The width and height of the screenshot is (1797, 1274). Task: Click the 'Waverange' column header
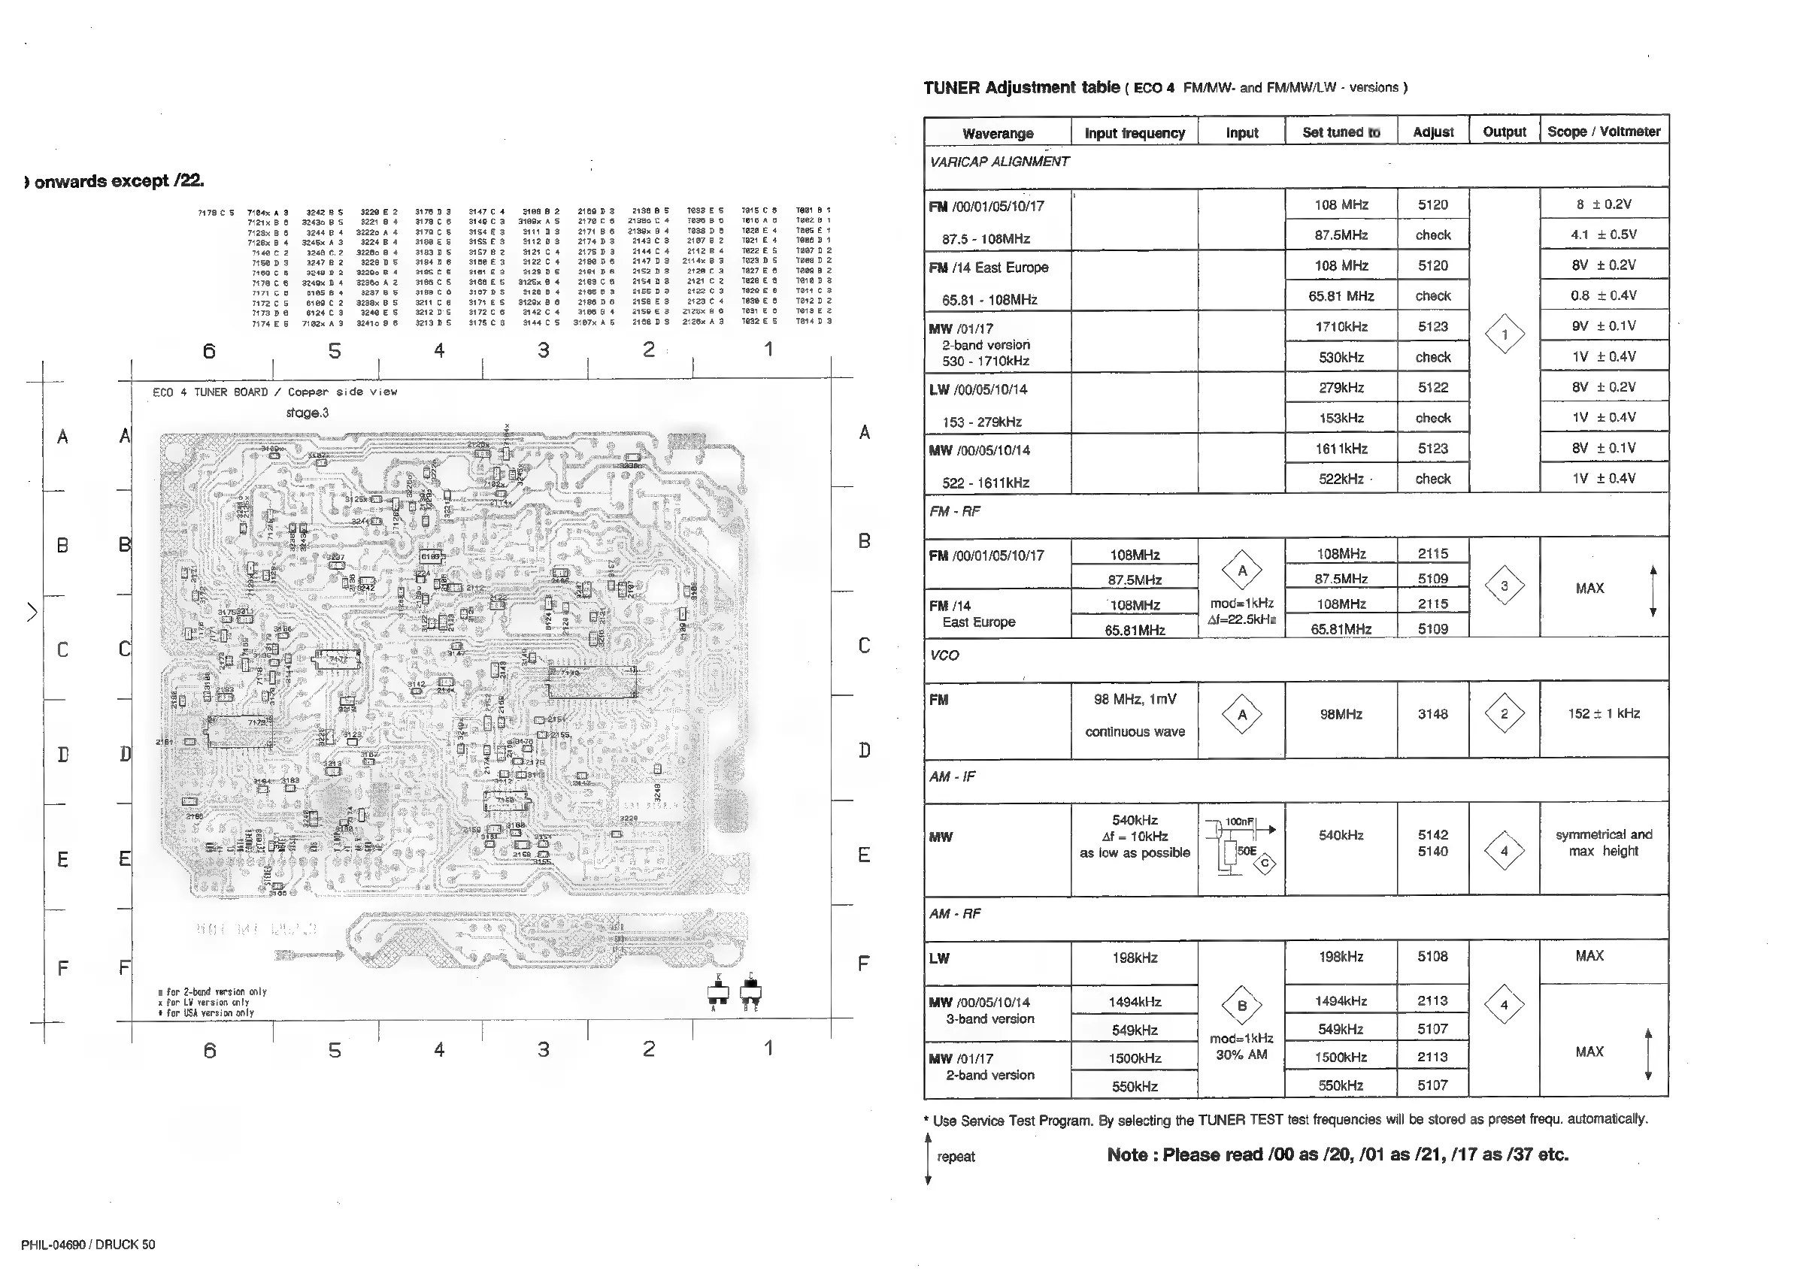[x=998, y=133]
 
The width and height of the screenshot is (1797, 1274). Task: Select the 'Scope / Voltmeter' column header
[x=1603, y=132]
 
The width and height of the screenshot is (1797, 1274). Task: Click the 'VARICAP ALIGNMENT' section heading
[x=999, y=162]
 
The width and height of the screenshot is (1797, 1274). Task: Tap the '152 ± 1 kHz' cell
[x=1604, y=714]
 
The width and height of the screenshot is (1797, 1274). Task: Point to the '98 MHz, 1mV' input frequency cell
[x=1135, y=700]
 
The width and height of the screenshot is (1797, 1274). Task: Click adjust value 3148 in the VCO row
[x=1432, y=715]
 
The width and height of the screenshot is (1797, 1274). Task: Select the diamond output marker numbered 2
[x=1504, y=715]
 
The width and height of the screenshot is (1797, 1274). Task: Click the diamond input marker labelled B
[x=1241, y=1006]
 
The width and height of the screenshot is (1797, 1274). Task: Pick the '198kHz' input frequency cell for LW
[x=1135, y=958]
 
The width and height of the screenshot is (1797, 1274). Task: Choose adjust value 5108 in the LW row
[x=1432, y=957]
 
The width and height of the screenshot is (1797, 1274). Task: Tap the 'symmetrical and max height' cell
[x=1603, y=843]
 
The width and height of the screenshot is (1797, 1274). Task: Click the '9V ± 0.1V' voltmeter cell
[x=1603, y=326]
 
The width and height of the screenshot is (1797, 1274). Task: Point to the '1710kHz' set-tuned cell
[x=1341, y=327]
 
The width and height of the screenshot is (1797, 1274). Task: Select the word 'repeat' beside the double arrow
[x=956, y=1157]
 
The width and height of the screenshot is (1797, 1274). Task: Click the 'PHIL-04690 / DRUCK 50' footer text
[x=88, y=1245]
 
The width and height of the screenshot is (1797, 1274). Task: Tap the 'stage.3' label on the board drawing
[x=308, y=413]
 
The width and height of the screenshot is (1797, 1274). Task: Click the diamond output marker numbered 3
[x=1504, y=586]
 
